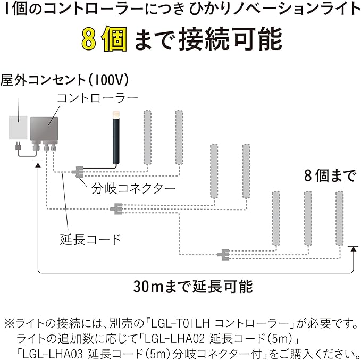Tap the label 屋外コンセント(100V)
[x=65, y=80]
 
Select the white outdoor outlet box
[x=18, y=128]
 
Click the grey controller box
[x=46, y=129]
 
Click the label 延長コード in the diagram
[x=90, y=238]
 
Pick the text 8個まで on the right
[x=329, y=175]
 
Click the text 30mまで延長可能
[x=193, y=286]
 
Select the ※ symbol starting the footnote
[x=10, y=323]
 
